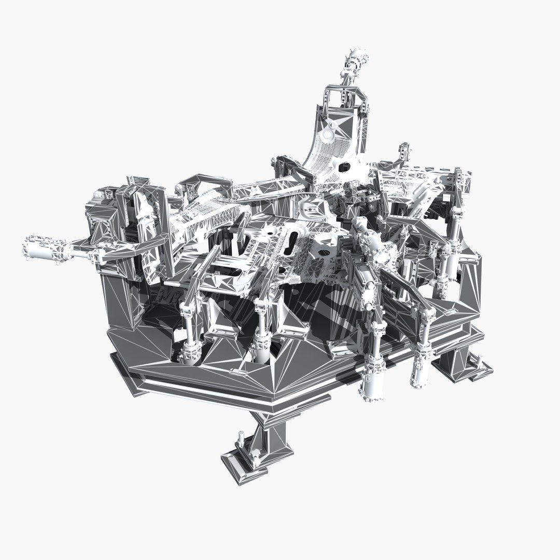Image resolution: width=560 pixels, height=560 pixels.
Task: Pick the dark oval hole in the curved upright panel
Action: click(x=344, y=166)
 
